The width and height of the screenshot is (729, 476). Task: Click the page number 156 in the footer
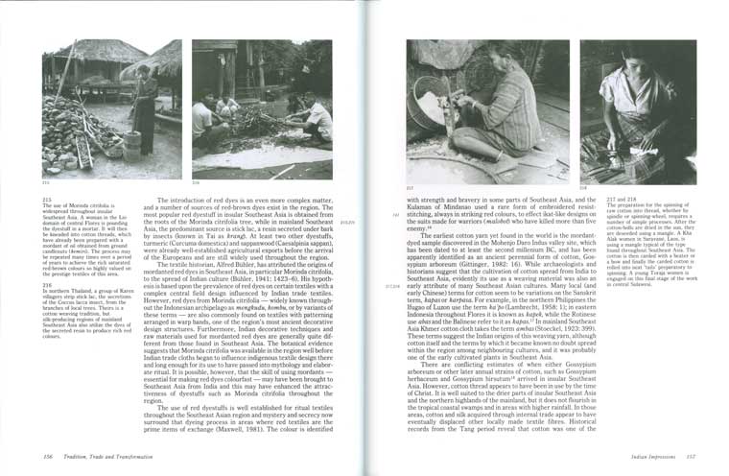click(x=48, y=457)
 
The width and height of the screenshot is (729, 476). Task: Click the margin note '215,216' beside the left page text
click(x=348, y=223)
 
